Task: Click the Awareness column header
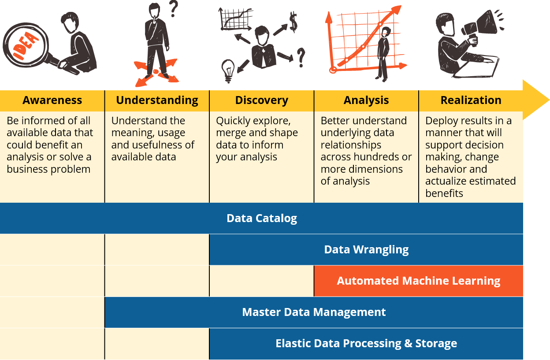(x=52, y=100)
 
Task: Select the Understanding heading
(x=157, y=100)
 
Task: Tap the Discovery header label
(x=261, y=100)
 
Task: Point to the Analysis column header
(x=366, y=100)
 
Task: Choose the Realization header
(x=471, y=100)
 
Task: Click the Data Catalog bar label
(x=261, y=219)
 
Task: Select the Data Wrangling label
(x=366, y=250)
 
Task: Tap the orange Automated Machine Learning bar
(x=418, y=281)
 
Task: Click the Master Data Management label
(x=314, y=312)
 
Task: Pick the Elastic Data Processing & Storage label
(x=366, y=344)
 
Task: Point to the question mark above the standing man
(x=174, y=8)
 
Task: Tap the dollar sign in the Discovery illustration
(x=293, y=22)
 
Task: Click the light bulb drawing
(x=228, y=70)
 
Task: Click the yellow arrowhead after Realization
(x=536, y=100)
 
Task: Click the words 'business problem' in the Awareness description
(x=48, y=169)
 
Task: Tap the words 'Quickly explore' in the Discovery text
(x=253, y=121)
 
